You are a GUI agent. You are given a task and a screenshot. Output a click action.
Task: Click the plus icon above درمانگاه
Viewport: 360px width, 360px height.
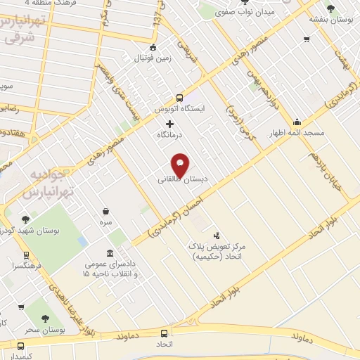pos(169,124)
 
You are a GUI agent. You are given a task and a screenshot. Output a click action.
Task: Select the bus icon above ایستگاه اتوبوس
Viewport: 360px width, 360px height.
pos(180,98)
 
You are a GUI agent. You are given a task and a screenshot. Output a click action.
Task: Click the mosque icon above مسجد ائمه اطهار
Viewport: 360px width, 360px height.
pos(297,122)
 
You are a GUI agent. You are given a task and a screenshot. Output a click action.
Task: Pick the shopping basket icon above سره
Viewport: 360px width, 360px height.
pos(105,211)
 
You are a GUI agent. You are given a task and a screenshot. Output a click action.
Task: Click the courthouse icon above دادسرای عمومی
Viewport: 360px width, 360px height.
pos(109,253)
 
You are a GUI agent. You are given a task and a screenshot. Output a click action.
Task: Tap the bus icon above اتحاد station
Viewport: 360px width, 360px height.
pos(165,334)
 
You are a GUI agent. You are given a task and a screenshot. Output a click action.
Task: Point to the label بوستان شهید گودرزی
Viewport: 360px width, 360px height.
pos(31,230)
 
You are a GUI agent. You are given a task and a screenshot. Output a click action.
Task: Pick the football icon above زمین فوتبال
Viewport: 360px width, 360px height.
pos(153,47)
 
